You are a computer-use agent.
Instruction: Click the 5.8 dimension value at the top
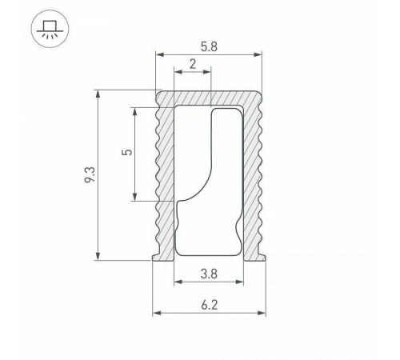[209, 46]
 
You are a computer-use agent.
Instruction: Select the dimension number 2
[193, 63]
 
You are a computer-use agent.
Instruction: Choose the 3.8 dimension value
[209, 273]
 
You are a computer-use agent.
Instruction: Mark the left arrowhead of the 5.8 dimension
[159, 55]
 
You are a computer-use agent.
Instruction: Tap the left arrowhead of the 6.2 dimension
[157, 312]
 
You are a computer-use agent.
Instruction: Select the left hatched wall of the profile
[165, 176]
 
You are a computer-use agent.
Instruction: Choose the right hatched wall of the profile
[254, 176]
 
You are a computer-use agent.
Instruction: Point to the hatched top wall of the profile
[210, 97]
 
